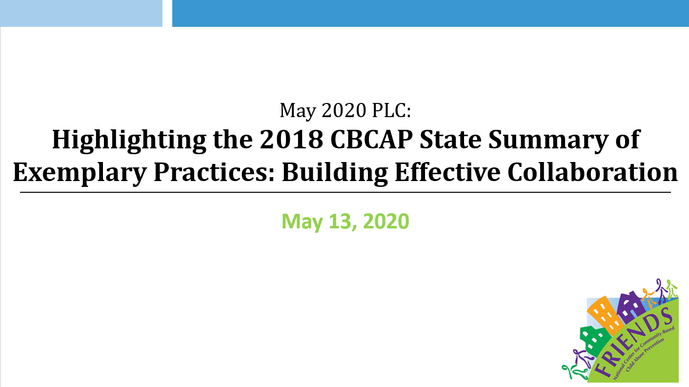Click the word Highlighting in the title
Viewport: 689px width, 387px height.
click(x=129, y=141)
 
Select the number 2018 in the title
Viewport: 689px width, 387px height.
click(x=291, y=139)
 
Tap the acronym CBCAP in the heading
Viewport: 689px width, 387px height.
click(x=371, y=139)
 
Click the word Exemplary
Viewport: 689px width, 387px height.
click(x=80, y=173)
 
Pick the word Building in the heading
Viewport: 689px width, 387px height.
click(x=335, y=173)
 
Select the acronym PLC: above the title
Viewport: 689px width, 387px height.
click(x=391, y=110)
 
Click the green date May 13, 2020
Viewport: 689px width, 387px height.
click(x=345, y=221)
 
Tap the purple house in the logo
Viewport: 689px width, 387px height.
click(x=630, y=306)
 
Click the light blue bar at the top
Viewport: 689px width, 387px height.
click(x=81, y=13)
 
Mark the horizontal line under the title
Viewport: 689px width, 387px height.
click(x=345, y=192)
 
